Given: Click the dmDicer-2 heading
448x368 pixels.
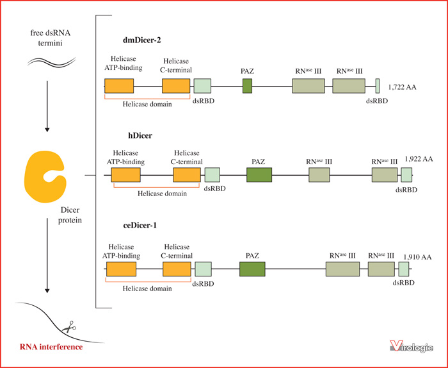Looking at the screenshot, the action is [x=141, y=40].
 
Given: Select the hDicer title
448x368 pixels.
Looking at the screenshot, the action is [x=140, y=135].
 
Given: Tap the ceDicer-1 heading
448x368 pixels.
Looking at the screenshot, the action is [x=140, y=226].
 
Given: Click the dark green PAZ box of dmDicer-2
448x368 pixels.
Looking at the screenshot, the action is [x=248, y=86].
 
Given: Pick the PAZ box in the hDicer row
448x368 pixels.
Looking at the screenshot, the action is [x=259, y=175].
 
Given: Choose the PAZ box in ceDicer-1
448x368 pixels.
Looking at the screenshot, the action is [x=252, y=269].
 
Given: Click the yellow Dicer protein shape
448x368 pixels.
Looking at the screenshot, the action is [x=45, y=176].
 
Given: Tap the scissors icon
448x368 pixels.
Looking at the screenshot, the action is [x=69, y=327].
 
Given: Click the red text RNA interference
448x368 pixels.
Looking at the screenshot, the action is [x=51, y=347].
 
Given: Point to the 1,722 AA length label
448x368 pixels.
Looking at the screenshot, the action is [x=402, y=87].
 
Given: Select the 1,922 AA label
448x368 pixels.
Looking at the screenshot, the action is [x=419, y=159].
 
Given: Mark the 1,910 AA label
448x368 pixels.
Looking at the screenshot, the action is [x=417, y=257].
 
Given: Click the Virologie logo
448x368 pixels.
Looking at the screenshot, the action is [x=412, y=346].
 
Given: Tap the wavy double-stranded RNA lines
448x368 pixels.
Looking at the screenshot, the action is [x=52, y=62].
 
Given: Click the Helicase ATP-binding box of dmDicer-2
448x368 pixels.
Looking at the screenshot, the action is [x=119, y=86].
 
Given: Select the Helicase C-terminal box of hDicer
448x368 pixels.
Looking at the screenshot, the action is [x=187, y=175].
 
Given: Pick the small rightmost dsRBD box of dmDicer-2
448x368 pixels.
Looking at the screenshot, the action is [x=378, y=86].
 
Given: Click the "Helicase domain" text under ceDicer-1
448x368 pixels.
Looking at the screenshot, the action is [x=147, y=289].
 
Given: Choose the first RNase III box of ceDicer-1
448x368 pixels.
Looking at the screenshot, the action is [x=342, y=269].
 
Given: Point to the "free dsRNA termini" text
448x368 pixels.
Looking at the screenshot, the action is [x=51, y=38].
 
